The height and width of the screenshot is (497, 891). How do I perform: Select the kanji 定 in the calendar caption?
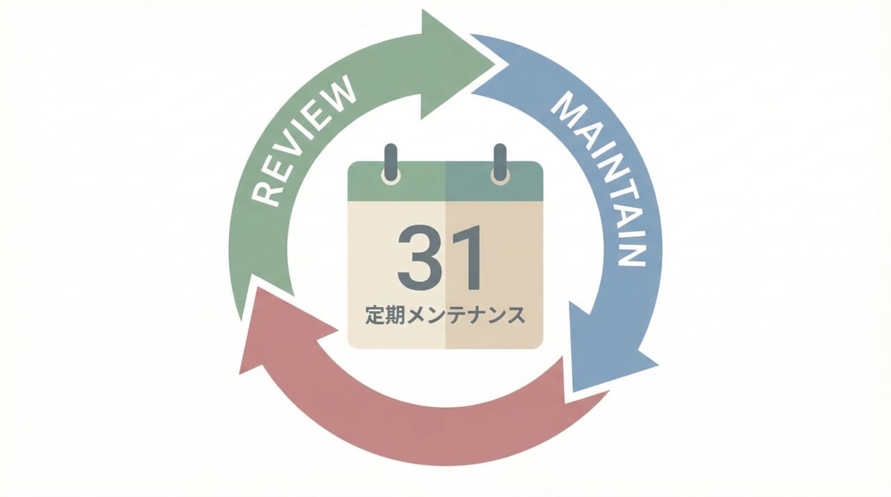[374, 315]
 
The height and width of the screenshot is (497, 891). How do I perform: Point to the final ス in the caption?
[515, 315]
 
